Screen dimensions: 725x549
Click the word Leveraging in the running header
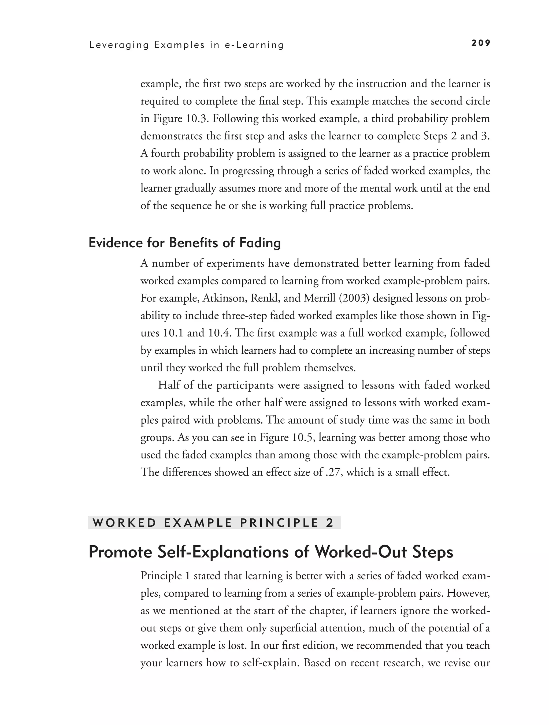click(x=119, y=45)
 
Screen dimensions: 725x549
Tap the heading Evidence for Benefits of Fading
click(x=185, y=243)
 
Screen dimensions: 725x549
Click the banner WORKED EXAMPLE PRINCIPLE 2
click(x=214, y=523)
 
